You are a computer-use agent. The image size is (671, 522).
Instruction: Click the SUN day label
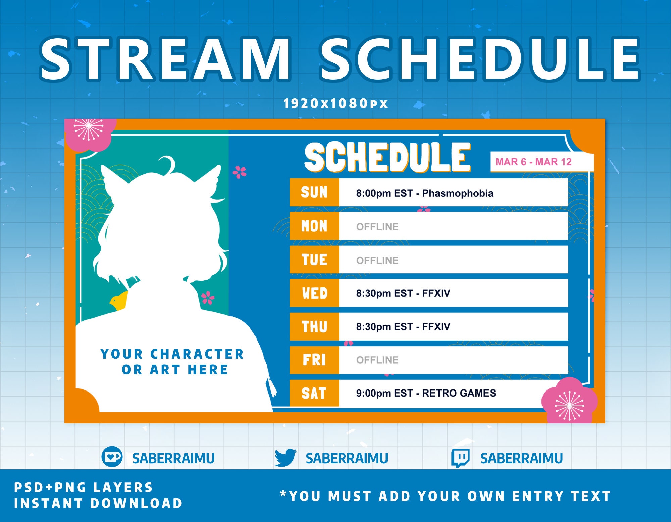[314, 192]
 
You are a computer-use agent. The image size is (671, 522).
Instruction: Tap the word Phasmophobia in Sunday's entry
[457, 193]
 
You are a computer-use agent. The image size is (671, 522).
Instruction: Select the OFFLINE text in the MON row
[377, 227]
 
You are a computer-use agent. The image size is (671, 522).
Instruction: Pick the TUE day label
[314, 260]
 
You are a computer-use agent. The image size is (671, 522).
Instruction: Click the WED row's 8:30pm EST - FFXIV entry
[403, 293]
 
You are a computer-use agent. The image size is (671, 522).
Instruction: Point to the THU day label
[314, 327]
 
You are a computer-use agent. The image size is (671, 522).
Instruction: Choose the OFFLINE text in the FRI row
[377, 360]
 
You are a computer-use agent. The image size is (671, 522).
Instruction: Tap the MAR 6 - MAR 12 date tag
[533, 162]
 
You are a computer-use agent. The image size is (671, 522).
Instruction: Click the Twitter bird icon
[285, 458]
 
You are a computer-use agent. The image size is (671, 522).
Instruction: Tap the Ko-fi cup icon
[112, 457]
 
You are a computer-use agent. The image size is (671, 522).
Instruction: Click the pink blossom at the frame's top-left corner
[89, 132]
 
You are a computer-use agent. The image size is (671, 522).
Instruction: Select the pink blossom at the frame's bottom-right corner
[569, 401]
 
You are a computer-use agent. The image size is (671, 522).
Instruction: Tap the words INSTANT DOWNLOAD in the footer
[98, 503]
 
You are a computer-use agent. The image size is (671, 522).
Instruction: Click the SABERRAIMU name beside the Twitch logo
[521, 458]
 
